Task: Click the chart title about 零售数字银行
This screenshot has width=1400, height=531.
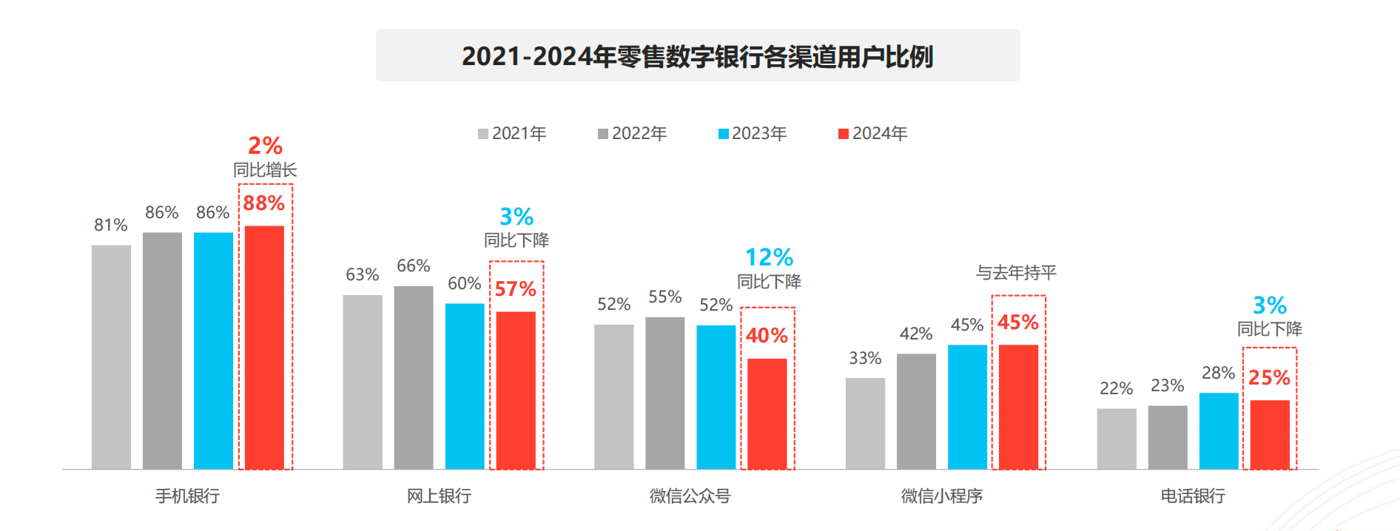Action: [x=697, y=56]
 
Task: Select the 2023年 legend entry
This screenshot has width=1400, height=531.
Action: [x=753, y=133]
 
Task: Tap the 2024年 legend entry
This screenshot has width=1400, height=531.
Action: [x=873, y=133]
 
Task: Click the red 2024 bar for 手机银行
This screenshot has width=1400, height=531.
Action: [x=264, y=347]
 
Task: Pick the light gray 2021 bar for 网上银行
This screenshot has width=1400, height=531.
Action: [x=363, y=382]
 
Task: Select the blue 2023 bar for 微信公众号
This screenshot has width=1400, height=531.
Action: [x=716, y=396]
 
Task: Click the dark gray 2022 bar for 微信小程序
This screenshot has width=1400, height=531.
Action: [x=916, y=411]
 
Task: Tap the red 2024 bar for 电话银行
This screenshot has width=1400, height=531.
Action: [x=1270, y=434]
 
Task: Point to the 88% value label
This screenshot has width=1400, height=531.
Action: [x=264, y=203]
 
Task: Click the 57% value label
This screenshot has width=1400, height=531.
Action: [x=516, y=289]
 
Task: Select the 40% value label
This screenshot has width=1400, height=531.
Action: [x=767, y=336]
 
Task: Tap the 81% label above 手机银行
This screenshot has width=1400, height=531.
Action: [x=111, y=225]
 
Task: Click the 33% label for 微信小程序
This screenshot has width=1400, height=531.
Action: [x=865, y=359]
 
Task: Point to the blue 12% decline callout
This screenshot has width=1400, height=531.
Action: [x=769, y=257]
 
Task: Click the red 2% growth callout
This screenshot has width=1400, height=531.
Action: [x=265, y=146]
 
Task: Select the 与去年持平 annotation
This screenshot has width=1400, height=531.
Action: [x=1016, y=273]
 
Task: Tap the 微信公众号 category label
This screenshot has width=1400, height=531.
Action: [x=690, y=496]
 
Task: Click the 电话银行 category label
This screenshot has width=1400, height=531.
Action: [x=1193, y=496]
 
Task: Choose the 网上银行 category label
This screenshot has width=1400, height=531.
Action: [x=439, y=496]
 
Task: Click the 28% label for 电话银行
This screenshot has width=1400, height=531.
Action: [x=1218, y=373]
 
